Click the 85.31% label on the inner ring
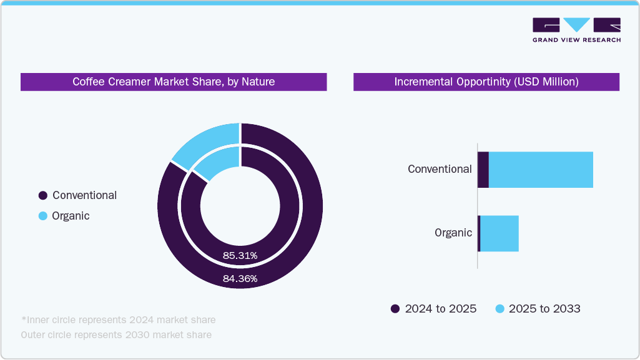click(x=240, y=255)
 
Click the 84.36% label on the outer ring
click(x=240, y=279)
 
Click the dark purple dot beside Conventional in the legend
click(x=42, y=195)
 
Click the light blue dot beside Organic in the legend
click(x=42, y=216)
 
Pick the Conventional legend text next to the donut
click(x=84, y=195)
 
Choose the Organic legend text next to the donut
click(x=71, y=216)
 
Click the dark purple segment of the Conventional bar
click(x=483, y=169)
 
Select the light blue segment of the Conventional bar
click(x=541, y=169)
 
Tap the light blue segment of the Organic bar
click(x=500, y=233)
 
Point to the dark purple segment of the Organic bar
click(x=479, y=233)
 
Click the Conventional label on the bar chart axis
click(x=440, y=169)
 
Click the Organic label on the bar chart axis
click(x=453, y=233)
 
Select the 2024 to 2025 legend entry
click(x=433, y=309)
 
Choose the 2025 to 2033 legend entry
click(x=538, y=309)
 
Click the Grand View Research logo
click(x=576, y=30)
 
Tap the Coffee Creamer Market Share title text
click(x=174, y=82)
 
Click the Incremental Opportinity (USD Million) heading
click(x=486, y=82)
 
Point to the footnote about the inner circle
click(x=118, y=320)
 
